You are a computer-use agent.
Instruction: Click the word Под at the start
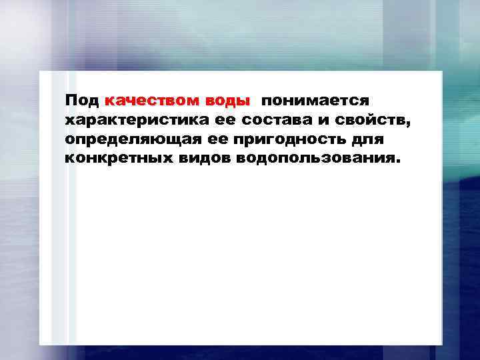(x=82, y=101)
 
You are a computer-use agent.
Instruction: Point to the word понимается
(x=315, y=101)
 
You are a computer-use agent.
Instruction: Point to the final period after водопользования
(x=401, y=163)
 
